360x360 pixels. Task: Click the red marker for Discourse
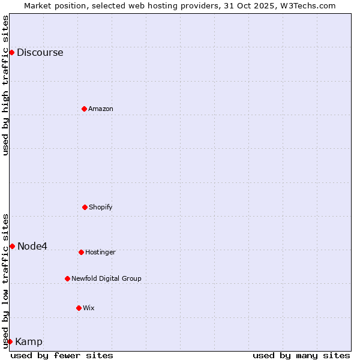(11, 52)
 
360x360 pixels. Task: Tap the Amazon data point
(84, 109)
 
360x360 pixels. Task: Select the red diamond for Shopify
(85, 207)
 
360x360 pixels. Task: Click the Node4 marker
(12, 246)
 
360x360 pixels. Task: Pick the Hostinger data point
(81, 252)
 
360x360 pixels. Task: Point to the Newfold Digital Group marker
(67, 278)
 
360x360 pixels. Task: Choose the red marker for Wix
(79, 308)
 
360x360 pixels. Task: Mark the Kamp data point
(10, 341)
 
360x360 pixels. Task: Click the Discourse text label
(40, 52)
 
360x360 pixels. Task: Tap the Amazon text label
(101, 109)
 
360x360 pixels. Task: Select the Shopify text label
(101, 207)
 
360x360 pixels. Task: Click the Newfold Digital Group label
(106, 278)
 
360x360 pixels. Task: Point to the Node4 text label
(32, 246)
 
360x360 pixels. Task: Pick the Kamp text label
(29, 342)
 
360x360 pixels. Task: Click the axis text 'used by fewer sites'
(62, 355)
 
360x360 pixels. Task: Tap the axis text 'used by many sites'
(301, 355)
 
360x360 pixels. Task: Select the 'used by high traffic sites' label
(5, 85)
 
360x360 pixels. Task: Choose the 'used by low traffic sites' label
(5, 280)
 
